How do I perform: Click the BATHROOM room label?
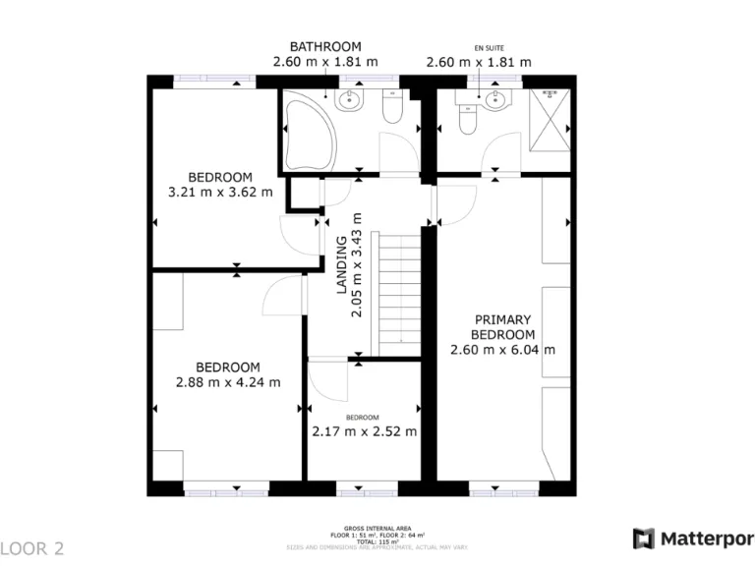[324, 46]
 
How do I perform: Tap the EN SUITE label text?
[487, 47]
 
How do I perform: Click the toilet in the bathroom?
[392, 109]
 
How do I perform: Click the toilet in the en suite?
[468, 119]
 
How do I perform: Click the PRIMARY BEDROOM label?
[502, 327]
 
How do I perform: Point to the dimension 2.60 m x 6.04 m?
[502, 350]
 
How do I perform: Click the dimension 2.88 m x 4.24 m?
[227, 382]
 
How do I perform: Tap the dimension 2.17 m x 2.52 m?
[364, 431]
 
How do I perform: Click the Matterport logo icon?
[644, 538]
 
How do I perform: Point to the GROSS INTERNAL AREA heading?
[377, 528]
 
